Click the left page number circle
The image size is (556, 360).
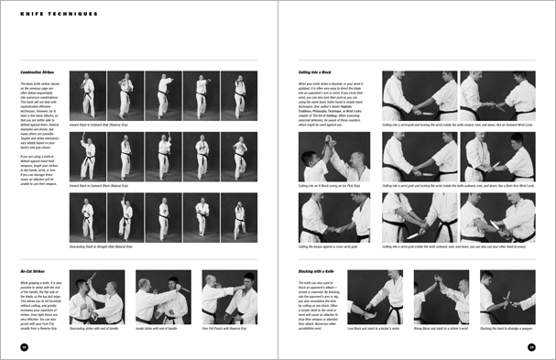point(22,346)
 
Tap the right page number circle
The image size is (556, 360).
point(532,346)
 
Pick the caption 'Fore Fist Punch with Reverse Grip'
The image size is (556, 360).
point(225,327)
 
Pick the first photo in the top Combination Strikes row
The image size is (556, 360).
point(93,96)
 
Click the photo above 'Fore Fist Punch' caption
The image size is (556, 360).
point(229,297)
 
